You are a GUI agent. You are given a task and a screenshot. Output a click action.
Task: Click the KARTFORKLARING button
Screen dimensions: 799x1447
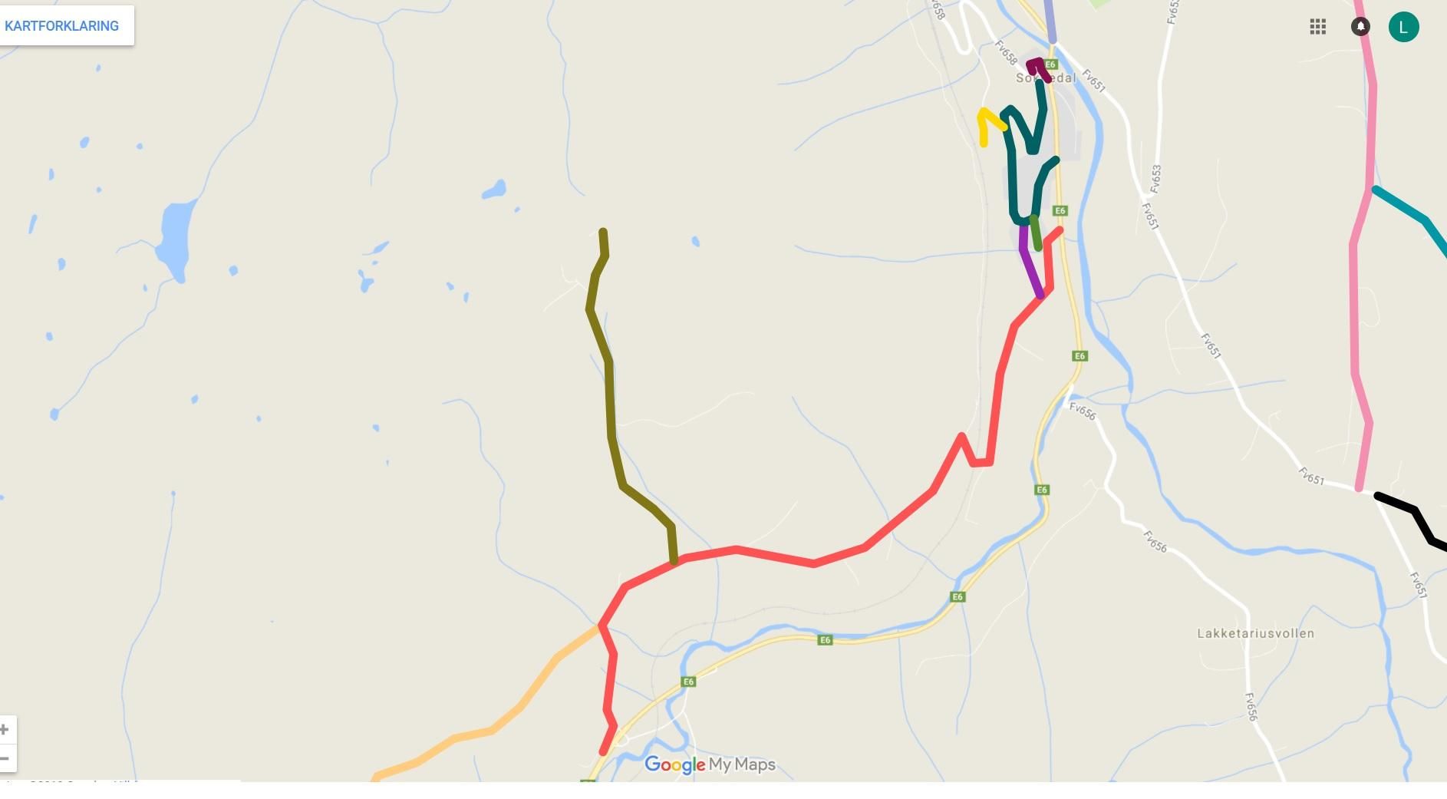click(x=62, y=26)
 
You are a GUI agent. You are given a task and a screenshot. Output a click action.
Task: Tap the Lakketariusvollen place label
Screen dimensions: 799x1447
click(x=1255, y=633)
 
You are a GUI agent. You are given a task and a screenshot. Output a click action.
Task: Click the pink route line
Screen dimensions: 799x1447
click(x=1355, y=307)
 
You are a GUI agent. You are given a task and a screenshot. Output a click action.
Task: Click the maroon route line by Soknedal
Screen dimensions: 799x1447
click(x=1037, y=66)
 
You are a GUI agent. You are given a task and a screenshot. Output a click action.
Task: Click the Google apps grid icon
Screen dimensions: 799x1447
click(x=1317, y=27)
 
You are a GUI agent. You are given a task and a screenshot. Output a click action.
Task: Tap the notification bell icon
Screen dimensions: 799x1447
click(x=1360, y=27)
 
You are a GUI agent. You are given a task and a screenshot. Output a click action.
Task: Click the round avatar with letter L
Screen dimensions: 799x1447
click(x=1403, y=27)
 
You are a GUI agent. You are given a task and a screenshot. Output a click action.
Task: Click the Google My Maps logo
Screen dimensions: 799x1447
click(x=710, y=764)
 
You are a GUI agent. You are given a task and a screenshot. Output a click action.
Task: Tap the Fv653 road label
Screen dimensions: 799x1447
click(x=1156, y=179)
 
